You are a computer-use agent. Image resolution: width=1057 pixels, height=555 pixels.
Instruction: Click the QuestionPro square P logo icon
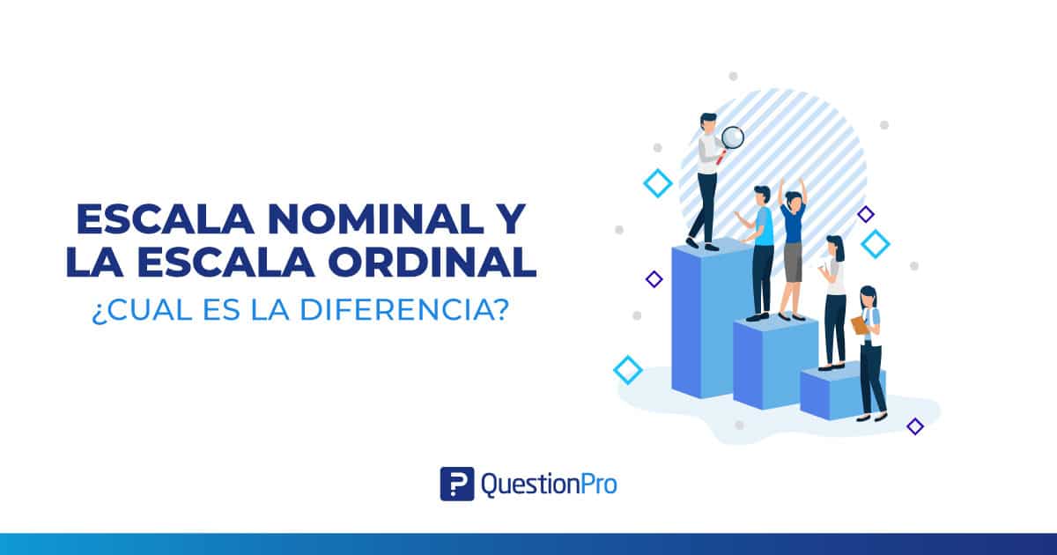click(457, 484)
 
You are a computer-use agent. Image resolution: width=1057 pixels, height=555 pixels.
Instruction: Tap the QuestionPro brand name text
click(549, 484)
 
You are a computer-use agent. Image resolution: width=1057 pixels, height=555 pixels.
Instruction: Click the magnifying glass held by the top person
click(732, 137)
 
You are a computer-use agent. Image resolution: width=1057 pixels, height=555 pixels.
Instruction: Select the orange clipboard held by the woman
click(859, 325)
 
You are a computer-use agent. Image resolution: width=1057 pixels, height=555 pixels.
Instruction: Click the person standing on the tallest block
click(707, 181)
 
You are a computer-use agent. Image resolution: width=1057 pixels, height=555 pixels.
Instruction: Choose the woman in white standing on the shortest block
click(833, 300)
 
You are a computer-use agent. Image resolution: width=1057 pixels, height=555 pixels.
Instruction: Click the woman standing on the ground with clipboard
click(870, 352)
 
